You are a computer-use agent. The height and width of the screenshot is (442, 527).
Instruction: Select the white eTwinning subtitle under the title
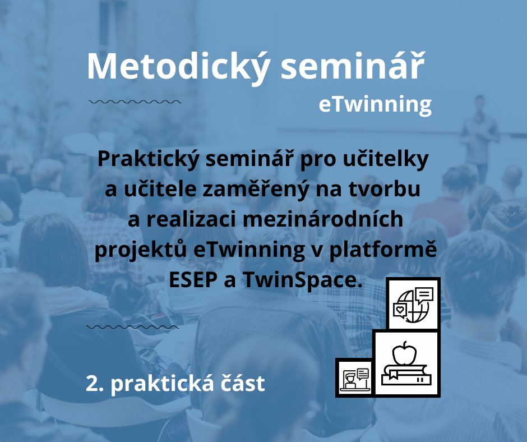(x=375, y=104)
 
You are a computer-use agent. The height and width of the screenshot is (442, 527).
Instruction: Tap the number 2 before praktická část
(x=92, y=384)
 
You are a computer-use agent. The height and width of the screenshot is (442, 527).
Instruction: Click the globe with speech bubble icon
(x=414, y=303)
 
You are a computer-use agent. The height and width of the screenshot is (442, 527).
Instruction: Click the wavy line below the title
(x=135, y=102)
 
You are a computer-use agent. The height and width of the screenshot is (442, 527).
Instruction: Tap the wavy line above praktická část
(x=133, y=326)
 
